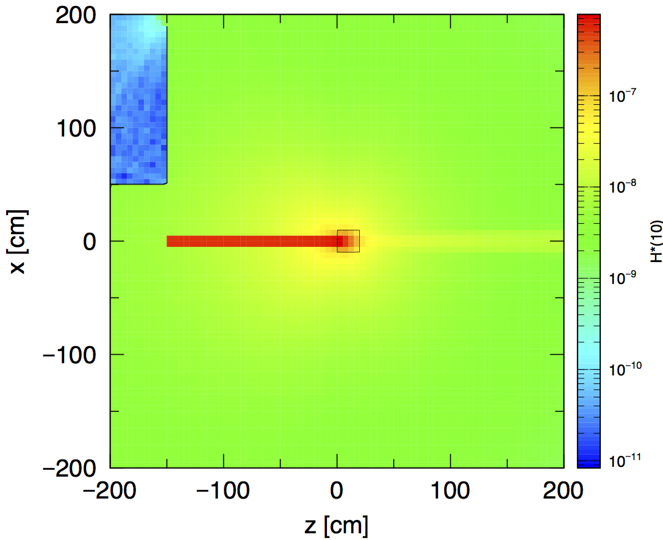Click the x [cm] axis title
[x=20, y=241]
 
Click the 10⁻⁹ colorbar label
[x=625, y=278]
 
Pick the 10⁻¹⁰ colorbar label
[x=625, y=369]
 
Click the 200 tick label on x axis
[x=78, y=15]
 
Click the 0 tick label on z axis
[x=337, y=490]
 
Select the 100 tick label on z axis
[x=451, y=490]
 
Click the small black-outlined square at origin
[x=348, y=241]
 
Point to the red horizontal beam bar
[x=250, y=241]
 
